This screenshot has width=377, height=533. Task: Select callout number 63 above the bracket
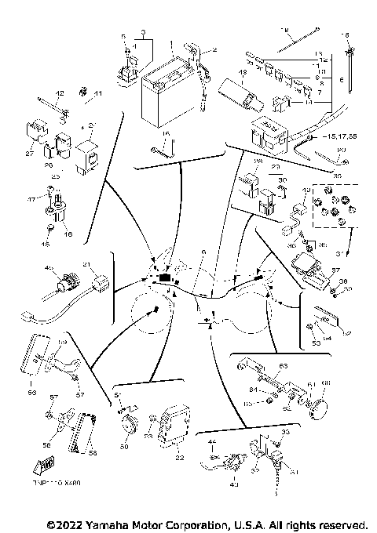pos(284,366)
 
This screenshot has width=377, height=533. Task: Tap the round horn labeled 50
pos(126,426)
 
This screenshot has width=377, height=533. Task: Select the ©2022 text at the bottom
pos(67,524)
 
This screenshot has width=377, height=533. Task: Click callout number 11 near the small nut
pos(98,95)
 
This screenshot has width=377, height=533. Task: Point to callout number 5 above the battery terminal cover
pos(123,37)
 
